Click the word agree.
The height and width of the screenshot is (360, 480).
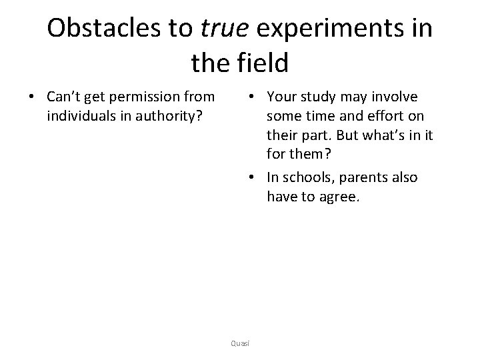pyautogui.click(x=339, y=196)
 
